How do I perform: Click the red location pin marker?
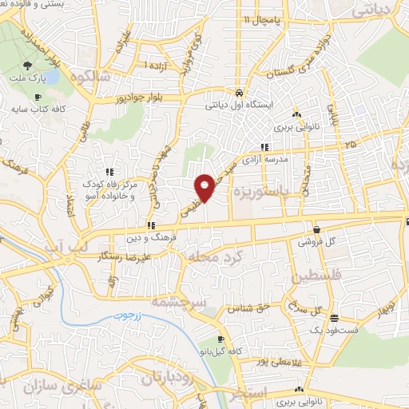tap(205, 187)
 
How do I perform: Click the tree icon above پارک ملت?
tap(29, 66)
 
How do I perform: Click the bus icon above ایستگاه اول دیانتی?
tap(238, 93)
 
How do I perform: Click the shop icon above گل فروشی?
tap(317, 228)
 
